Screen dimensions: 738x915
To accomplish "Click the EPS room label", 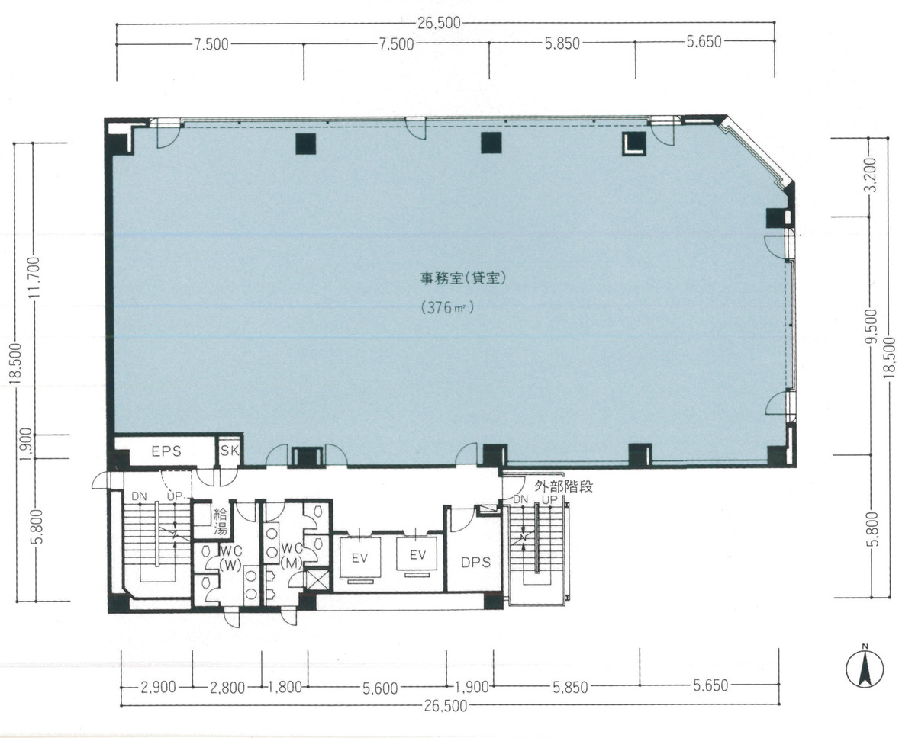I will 166,451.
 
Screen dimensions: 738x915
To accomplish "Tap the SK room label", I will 230,451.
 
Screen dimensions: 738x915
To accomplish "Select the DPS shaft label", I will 474,563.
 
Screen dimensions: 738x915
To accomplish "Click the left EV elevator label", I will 359,557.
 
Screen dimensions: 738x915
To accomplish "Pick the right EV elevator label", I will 416,554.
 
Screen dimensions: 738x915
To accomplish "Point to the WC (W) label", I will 230,557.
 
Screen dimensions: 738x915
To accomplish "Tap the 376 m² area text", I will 447,308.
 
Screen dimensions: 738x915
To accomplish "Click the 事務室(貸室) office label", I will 463,279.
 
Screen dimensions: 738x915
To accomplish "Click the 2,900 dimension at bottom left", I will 159,688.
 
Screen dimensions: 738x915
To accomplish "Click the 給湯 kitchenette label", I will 220,522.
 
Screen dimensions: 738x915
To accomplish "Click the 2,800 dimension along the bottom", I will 227,688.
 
